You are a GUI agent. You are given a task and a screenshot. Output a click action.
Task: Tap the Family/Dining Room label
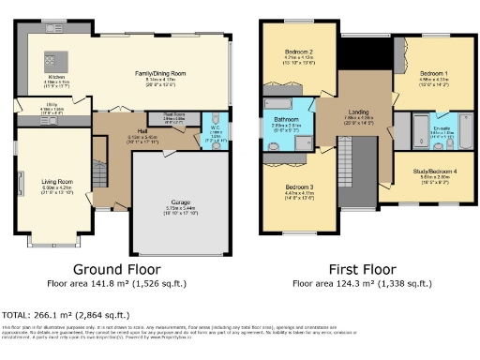(154, 73)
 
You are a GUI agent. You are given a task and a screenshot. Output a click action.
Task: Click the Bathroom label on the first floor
(285, 119)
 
